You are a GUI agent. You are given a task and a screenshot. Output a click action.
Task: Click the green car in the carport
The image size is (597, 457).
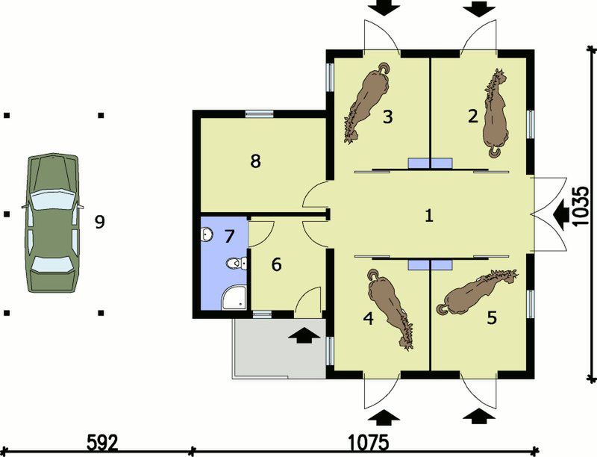51,223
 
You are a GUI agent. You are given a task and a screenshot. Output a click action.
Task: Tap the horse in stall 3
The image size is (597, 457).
367,102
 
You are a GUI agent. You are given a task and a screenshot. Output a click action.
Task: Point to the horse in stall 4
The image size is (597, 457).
390,308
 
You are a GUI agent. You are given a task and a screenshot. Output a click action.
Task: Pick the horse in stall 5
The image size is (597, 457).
477,292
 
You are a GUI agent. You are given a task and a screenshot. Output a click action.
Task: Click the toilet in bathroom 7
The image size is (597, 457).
237,263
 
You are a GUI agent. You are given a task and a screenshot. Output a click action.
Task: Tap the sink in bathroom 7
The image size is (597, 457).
206,234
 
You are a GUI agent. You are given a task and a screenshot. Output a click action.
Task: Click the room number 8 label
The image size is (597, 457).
255,161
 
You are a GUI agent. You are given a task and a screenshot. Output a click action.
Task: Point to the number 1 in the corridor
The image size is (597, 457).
429,216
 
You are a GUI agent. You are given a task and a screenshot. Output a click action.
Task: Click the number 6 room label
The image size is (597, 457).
276,264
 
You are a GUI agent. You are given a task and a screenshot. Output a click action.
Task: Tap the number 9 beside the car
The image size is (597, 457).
100,222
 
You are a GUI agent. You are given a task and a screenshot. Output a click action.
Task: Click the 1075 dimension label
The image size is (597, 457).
369,443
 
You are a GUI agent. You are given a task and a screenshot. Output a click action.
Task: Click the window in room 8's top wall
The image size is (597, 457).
259,114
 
